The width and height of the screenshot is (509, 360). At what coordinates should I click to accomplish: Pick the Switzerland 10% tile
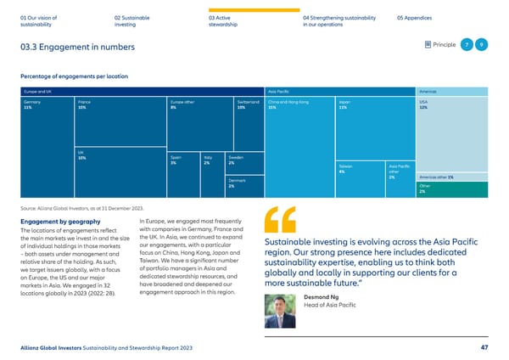249,123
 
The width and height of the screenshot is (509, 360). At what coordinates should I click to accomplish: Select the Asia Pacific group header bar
339,90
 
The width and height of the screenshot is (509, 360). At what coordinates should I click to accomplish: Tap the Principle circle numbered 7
467,45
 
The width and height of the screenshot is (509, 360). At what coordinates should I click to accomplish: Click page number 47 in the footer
482,346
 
